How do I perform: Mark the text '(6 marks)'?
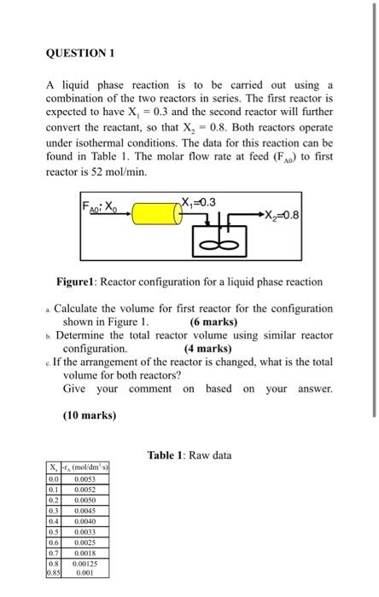pos(213,322)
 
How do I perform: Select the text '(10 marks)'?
pos(90,415)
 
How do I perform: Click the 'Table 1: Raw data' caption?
pos(189,455)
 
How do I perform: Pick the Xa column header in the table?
pos(54,467)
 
